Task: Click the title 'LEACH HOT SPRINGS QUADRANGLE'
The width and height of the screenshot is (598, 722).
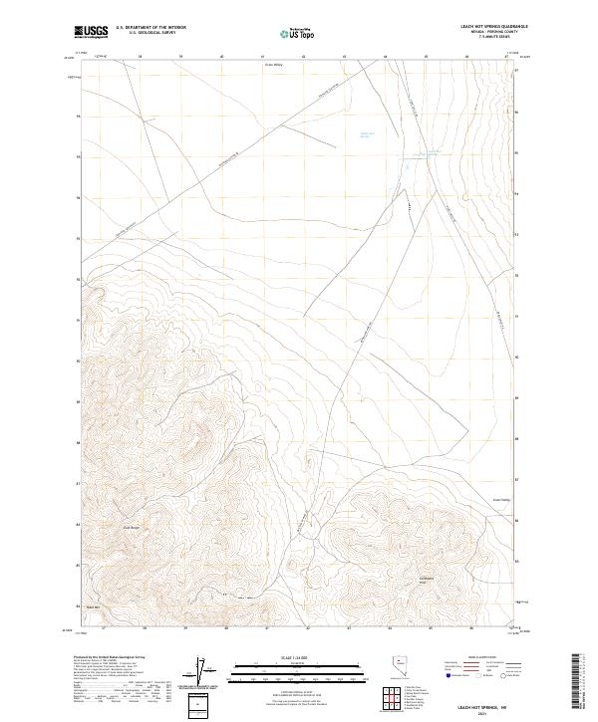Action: click(488, 26)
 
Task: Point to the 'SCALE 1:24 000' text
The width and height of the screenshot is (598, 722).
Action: click(284, 656)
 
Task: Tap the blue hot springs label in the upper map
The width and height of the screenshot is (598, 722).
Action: click(367, 135)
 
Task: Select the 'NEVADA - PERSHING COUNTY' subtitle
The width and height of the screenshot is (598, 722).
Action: click(488, 32)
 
